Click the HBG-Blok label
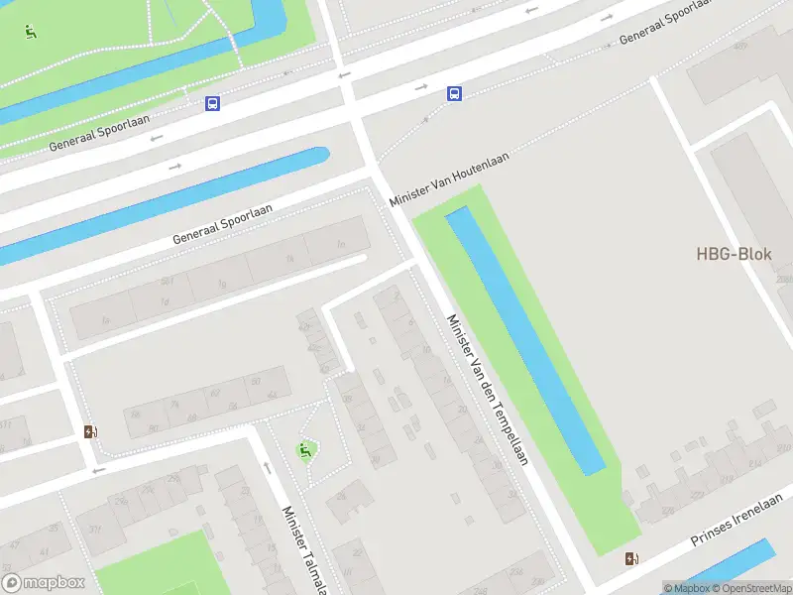pos(734,254)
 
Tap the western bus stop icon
pos(212,103)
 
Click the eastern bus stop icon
pos(454,94)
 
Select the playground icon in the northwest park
pos(31,32)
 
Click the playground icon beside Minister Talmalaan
pos(306,451)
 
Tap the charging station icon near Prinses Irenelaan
pos(632,559)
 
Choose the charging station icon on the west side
pos(90,431)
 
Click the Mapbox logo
pos(43,583)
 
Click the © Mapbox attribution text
pos(686,588)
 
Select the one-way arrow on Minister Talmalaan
pos(266,467)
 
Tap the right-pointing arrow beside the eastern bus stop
pos(420,87)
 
